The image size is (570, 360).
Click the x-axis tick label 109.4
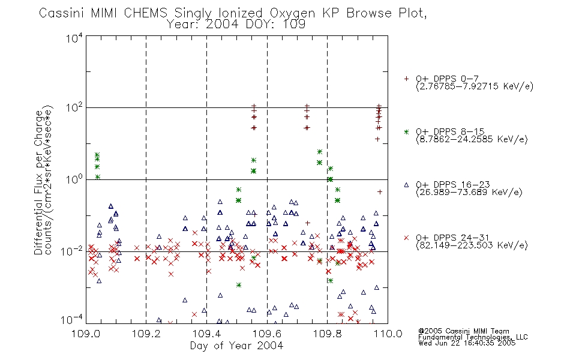point(206,334)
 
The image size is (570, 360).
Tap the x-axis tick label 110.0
point(388,334)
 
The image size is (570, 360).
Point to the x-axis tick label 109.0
point(86,334)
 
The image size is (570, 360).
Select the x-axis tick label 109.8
point(327,334)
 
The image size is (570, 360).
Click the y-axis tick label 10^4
point(74,38)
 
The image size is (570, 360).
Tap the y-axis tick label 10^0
point(74,179)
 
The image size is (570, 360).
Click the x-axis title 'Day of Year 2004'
point(236,346)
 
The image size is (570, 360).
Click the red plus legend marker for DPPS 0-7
point(406,79)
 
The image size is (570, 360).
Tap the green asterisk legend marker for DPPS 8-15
point(406,131)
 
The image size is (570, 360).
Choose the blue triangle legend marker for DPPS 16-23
point(406,185)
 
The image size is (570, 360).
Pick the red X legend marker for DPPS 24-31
point(406,238)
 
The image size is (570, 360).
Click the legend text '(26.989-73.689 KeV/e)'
point(469,193)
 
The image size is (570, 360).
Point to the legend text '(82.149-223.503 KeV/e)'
point(472,245)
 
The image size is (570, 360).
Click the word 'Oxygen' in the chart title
point(292,13)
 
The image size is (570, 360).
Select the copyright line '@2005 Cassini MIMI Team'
point(463,331)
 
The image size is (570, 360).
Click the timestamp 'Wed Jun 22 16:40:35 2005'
point(467,343)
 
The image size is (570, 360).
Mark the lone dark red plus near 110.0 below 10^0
point(380,192)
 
